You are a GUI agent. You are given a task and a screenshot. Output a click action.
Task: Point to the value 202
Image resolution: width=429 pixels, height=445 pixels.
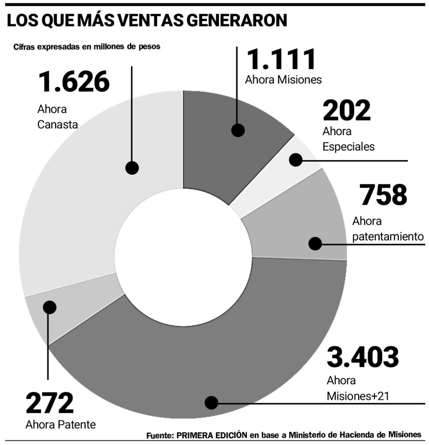pos(346,111)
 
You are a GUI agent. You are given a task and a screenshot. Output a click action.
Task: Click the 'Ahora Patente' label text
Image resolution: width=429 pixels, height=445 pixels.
pos(60,425)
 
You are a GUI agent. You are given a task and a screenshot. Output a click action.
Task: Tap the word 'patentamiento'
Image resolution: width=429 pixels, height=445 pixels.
pos(388,236)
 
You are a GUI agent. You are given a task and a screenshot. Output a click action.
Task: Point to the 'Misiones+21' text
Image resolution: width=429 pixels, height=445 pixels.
pos(358,395)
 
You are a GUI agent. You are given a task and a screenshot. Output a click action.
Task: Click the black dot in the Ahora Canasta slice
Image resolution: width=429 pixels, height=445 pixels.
pos(132,167)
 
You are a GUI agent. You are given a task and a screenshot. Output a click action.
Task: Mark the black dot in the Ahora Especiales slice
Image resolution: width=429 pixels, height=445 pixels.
pos(296,160)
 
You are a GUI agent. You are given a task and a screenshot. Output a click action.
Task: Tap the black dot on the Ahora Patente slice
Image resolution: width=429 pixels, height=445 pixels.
pos(50,307)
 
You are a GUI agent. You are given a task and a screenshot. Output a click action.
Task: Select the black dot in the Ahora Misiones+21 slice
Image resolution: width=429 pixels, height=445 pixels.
pos(211,403)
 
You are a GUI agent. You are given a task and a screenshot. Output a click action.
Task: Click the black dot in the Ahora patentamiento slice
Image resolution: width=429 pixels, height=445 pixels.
pos(315,244)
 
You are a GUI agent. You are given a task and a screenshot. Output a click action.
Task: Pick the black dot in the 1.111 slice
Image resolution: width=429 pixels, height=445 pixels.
pos(237,130)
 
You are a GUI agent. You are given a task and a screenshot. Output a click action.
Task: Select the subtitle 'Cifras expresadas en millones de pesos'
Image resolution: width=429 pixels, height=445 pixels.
pos(87,47)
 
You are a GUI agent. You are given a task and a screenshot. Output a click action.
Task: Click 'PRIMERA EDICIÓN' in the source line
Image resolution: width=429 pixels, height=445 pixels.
pos(212,435)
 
